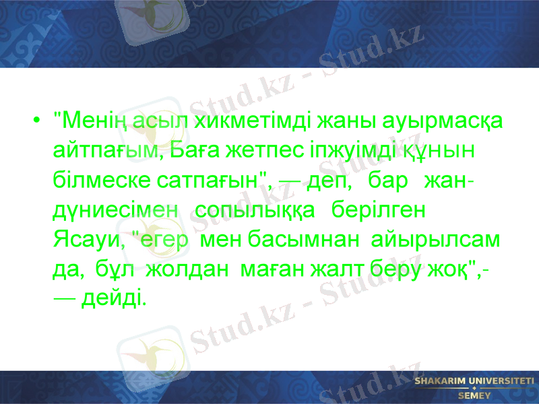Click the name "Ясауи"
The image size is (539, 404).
point(85,239)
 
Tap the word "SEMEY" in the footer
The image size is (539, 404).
point(474,395)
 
